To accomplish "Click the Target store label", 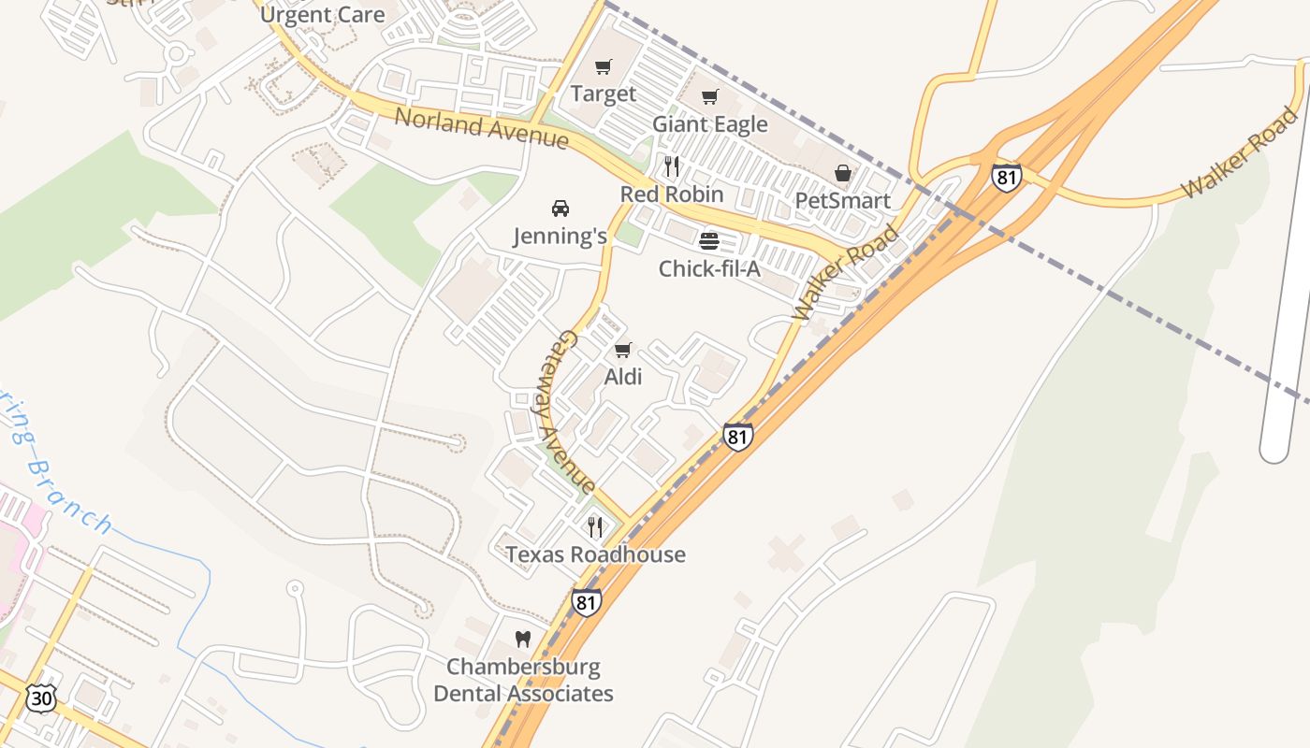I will tap(604, 93).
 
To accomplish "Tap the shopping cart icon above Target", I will tap(604, 66).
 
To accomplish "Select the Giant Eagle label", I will tap(710, 124).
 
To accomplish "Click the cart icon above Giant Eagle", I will tap(710, 96).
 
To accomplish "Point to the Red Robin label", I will tap(672, 194).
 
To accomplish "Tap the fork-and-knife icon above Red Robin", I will tap(672, 166).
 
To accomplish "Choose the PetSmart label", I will tap(842, 200).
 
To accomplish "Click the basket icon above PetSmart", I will tap(843, 173).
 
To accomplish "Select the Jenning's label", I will tap(560, 237).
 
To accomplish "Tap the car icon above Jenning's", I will tap(560, 209).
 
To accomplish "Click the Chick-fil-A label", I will tap(709, 269).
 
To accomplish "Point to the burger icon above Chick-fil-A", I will tap(709, 241).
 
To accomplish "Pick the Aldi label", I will tap(623, 377).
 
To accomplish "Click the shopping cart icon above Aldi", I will tap(623, 350).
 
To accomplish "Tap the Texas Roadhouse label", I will tap(595, 554).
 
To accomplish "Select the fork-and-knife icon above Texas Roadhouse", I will tap(595, 527).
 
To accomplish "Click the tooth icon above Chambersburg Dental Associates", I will tap(523, 640).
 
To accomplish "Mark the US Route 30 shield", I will tap(41, 698).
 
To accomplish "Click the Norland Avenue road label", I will tap(481, 128).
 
